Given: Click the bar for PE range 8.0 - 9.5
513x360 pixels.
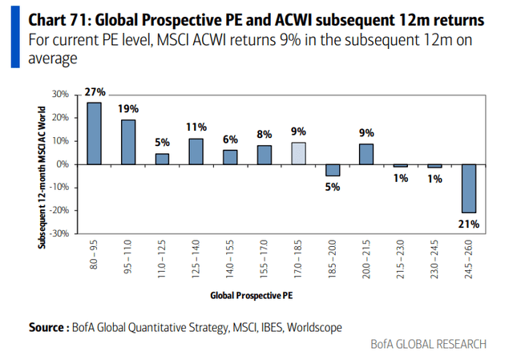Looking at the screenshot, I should (94, 133).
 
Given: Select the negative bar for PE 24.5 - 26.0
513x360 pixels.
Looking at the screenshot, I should (468, 188).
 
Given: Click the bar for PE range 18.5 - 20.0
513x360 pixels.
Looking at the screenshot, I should (333, 170).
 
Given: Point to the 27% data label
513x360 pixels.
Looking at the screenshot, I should (95, 92).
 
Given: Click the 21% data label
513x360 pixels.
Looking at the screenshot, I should (468, 224).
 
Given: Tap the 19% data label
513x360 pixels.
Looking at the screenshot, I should (129, 109).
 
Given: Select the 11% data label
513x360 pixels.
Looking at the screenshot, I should (197, 127).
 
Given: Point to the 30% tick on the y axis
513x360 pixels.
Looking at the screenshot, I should (59, 95).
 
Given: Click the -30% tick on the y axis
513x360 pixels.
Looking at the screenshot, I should (59, 234).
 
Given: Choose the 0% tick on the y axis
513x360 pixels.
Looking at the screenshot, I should (63, 164).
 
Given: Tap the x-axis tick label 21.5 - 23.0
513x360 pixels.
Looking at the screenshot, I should (401, 261).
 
